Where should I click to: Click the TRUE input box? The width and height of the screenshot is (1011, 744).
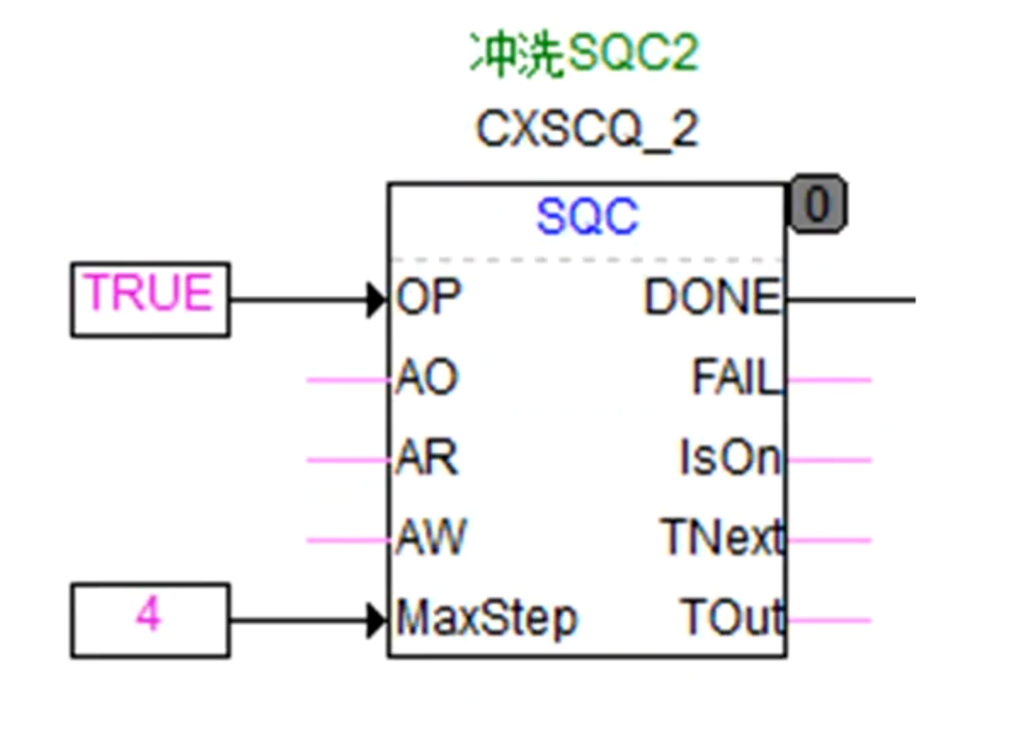[x=150, y=300]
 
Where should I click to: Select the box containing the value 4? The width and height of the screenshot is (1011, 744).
[x=150, y=620]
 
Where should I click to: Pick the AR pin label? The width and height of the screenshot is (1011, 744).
[x=426, y=460]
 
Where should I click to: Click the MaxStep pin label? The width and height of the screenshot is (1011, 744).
[x=486, y=619]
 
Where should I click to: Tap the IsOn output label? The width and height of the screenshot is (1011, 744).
[x=729, y=460]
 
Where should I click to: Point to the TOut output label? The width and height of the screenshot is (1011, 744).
[x=731, y=619]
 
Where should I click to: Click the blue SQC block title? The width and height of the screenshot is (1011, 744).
[x=587, y=218]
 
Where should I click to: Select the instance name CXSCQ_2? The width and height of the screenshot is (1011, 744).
[x=587, y=130]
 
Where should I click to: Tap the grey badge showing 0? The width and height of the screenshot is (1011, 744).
[x=818, y=204]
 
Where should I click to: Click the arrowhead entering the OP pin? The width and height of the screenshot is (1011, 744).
[x=377, y=300]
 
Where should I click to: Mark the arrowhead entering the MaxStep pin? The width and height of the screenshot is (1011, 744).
[x=377, y=620]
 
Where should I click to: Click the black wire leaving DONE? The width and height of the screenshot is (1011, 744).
[x=851, y=300]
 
